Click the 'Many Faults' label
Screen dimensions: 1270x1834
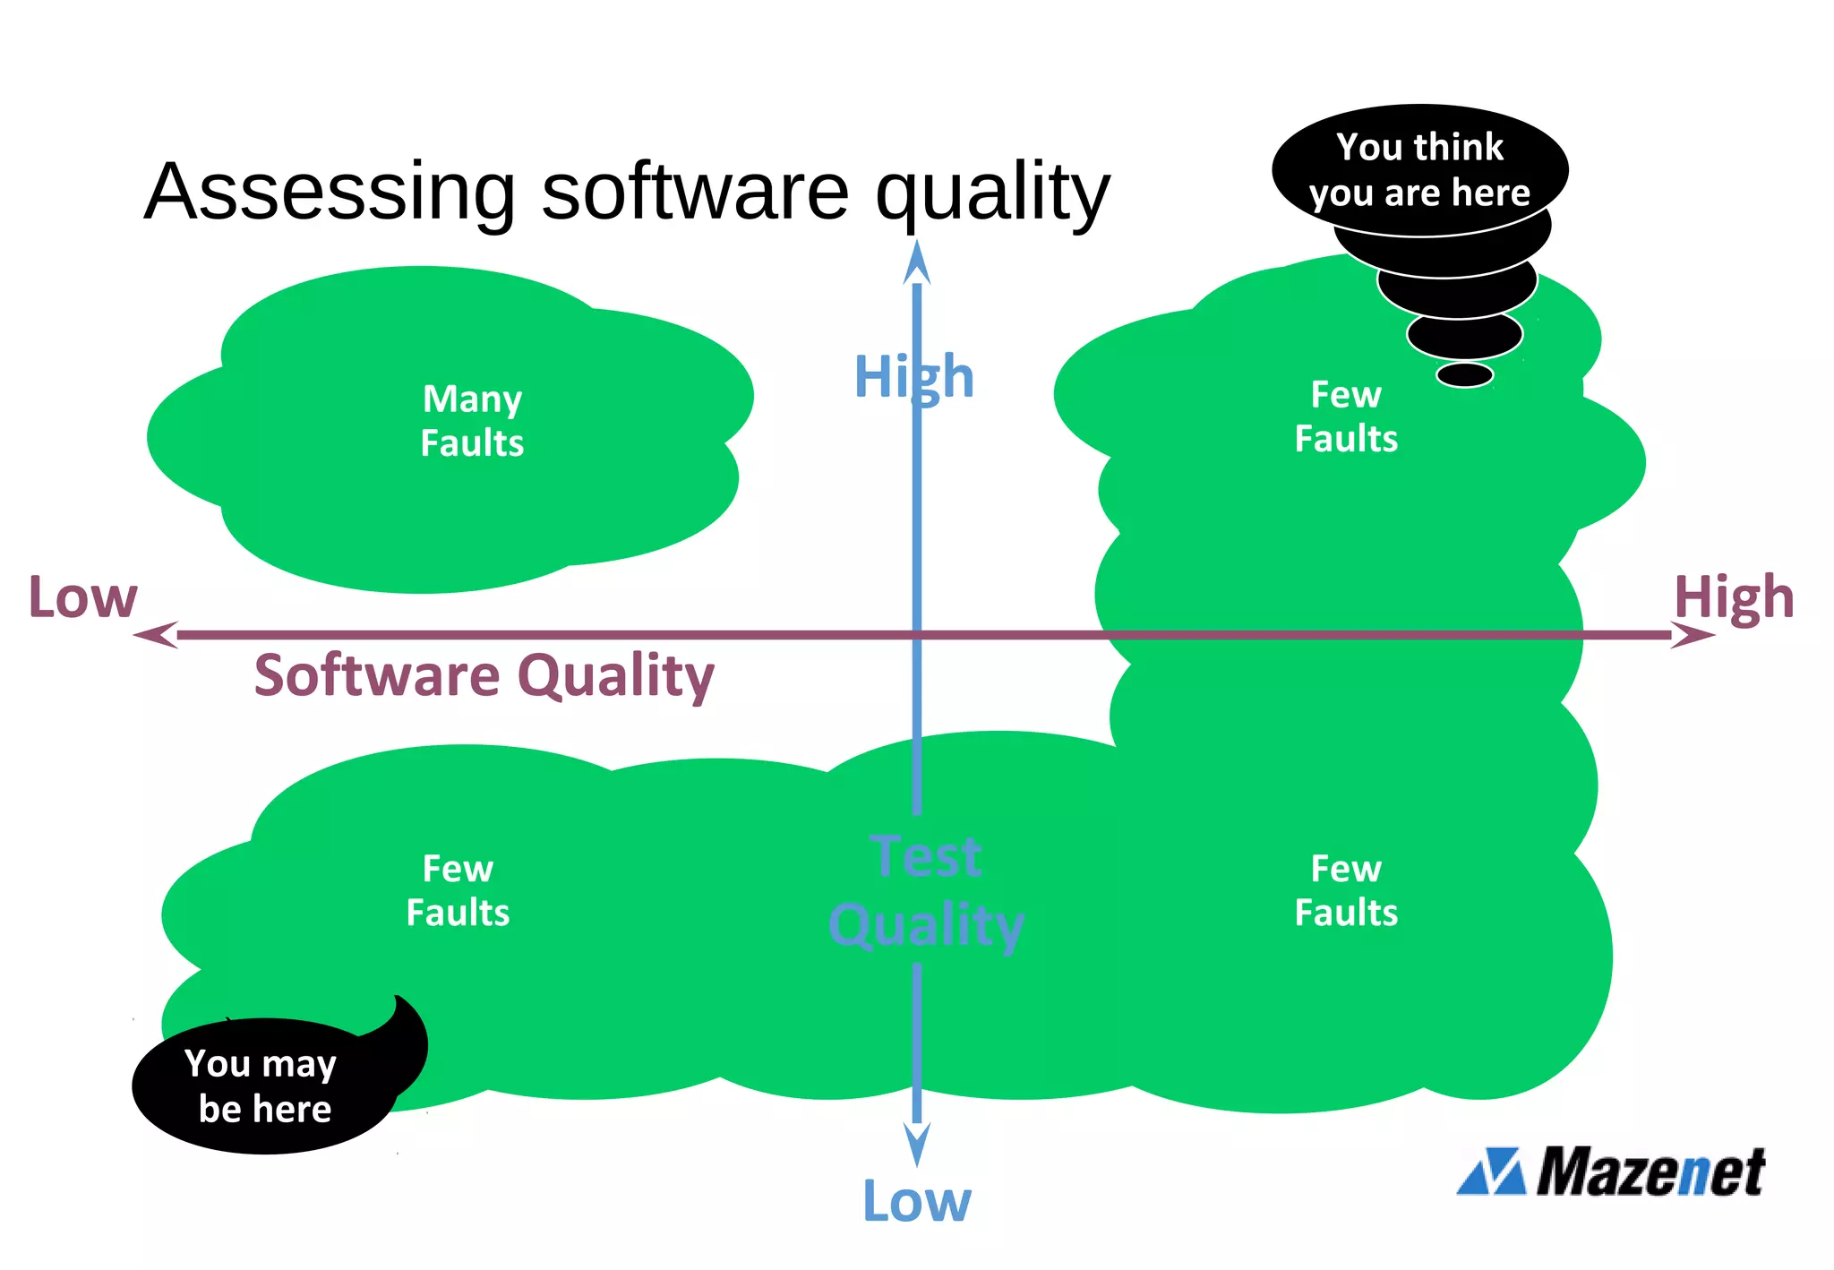pos(472,421)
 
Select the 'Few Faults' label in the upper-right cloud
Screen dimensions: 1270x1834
pos(1346,416)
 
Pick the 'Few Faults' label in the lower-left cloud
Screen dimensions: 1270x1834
pos(458,890)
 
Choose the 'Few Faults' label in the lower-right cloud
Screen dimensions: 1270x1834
pos(1346,890)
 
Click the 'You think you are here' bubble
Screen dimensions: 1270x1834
pos(1419,170)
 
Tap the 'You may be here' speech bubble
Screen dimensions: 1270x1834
pos(261,1086)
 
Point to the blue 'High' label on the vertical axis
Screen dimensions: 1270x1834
pos(913,376)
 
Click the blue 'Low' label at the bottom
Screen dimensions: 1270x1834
pos(916,1201)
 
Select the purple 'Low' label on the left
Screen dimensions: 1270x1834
pos(82,597)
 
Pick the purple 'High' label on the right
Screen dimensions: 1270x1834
pos(1734,597)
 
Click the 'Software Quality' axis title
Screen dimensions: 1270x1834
pos(484,675)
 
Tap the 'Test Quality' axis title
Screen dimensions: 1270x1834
pos(926,890)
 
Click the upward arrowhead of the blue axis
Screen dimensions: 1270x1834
pos(916,262)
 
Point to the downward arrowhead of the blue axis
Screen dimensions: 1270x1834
pos(916,1145)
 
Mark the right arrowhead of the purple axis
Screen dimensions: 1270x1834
pos(1693,635)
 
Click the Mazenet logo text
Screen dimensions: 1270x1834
pos(1650,1171)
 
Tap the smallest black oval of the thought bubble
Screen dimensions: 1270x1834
pos(1464,374)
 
